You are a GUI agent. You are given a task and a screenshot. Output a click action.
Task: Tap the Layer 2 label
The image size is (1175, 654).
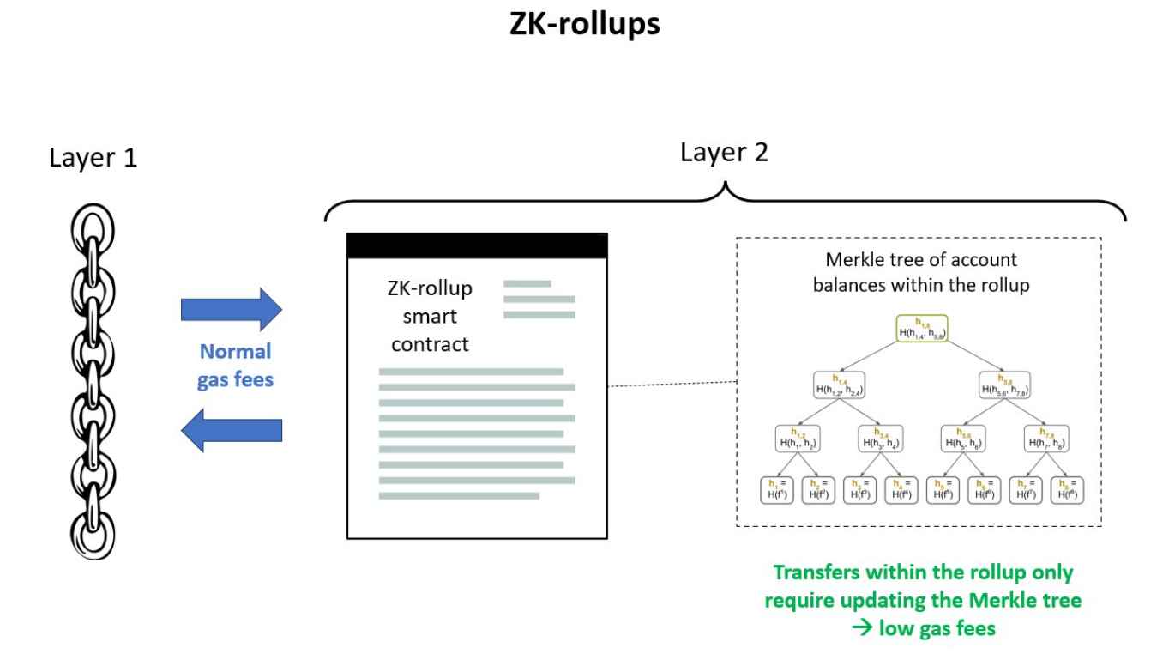click(x=725, y=154)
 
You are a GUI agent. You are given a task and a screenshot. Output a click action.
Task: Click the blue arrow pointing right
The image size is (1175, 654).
click(x=232, y=309)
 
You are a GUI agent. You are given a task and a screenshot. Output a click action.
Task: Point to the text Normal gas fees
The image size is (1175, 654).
click(x=235, y=366)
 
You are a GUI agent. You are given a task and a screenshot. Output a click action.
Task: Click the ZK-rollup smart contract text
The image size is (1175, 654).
click(x=425, y=316)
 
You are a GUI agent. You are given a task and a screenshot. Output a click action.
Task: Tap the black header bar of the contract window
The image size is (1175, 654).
click(x=477, y=245)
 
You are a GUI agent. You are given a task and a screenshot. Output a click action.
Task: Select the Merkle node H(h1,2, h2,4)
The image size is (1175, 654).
click(x=838, y=385)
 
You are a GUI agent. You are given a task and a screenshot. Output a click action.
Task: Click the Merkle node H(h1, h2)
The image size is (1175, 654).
click(x=797, y=439)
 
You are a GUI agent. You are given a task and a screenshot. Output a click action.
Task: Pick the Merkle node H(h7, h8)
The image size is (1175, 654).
click(x=1047, y=439)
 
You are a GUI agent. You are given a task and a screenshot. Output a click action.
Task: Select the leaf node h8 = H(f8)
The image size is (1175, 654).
click(x=1068, y=490)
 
